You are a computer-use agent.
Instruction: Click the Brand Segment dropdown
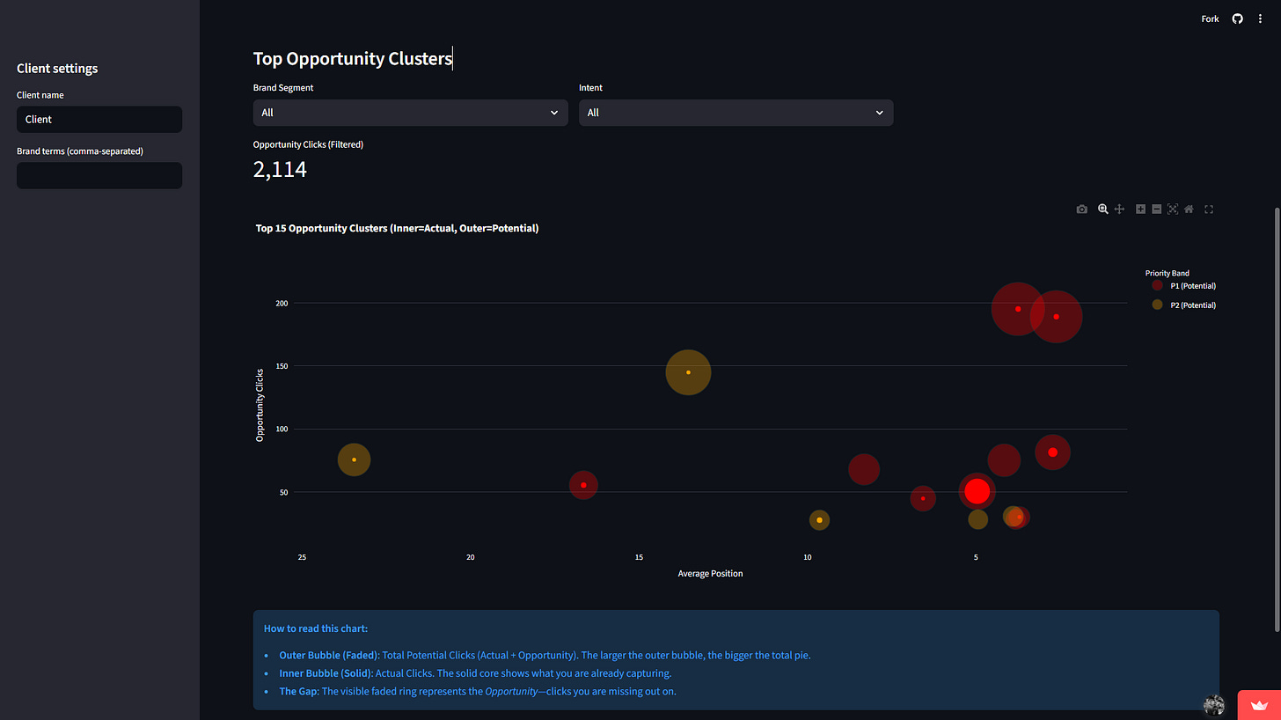click(410, 113)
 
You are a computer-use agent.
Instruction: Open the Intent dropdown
click(736, 113)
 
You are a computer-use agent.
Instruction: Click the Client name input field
click(99, 120)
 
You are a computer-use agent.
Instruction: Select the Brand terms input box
click(99, 175)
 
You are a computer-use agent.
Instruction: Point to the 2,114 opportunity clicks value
click(280, 170)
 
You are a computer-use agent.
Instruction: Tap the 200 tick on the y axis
click(282, 303)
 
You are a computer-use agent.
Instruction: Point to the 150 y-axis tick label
click(282, 366)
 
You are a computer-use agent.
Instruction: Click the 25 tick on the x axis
click(302, 557)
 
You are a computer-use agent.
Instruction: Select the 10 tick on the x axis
click(807, 557)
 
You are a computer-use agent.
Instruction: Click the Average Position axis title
click(710, 574)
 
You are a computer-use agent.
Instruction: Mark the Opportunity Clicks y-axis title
click(260, 405)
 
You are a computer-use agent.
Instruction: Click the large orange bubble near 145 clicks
click(688, 372)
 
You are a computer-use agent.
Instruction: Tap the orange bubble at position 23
click(354, 459)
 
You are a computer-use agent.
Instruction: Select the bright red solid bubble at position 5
click(977, 491)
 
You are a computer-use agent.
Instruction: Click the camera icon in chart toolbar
click(1081, 209)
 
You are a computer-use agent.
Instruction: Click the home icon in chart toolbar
click(1189, 209)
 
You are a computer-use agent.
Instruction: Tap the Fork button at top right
click(1210, 18)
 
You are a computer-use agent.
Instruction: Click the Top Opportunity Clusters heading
click(352, 59)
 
